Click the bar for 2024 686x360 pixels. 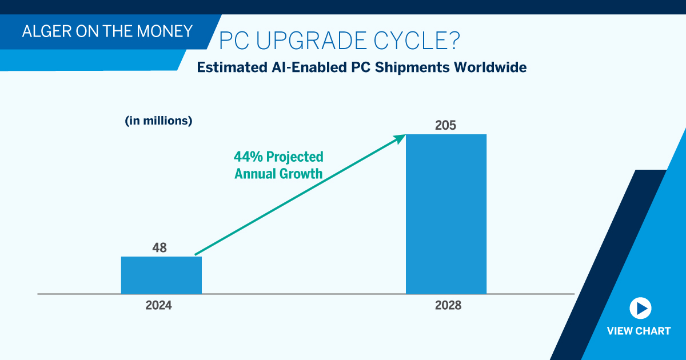[x=161, y=275]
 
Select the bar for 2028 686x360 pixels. [x=446, y=214]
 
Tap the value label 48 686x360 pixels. [x=159, y=248]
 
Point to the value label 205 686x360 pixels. [x=445, y=125]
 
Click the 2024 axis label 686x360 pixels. [x=158, y=306]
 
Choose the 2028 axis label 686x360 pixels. [x=448, y=306]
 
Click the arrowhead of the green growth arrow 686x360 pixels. [x=400, y=138]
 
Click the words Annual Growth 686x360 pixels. [x=278, y=173]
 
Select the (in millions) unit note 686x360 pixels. [x=158, y=121]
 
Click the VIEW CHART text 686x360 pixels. [x=639, y=331]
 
